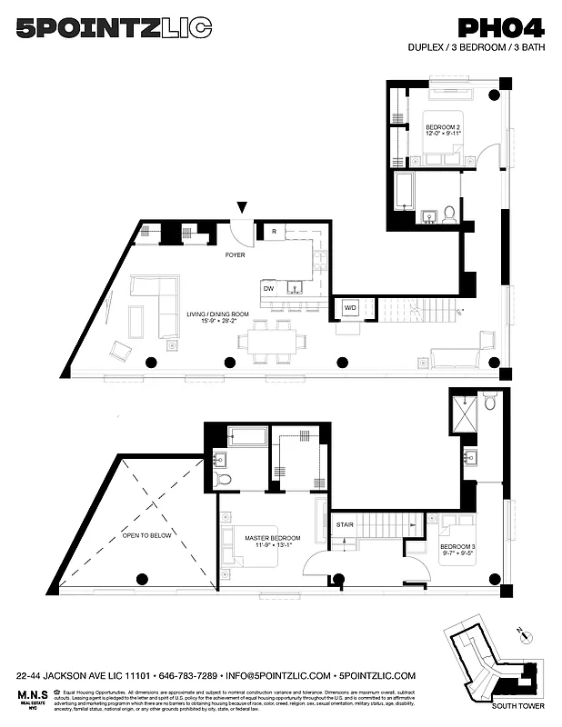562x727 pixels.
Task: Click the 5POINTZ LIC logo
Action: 115,29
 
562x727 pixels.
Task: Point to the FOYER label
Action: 236,255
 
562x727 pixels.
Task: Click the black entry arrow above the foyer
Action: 241,208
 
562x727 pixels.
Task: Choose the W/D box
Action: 350,308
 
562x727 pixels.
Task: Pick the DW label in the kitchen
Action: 268,288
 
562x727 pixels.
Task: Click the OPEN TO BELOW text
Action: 146,535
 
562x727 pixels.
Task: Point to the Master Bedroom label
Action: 271,543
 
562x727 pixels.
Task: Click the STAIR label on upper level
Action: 345,524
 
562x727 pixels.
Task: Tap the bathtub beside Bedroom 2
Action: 405,192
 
